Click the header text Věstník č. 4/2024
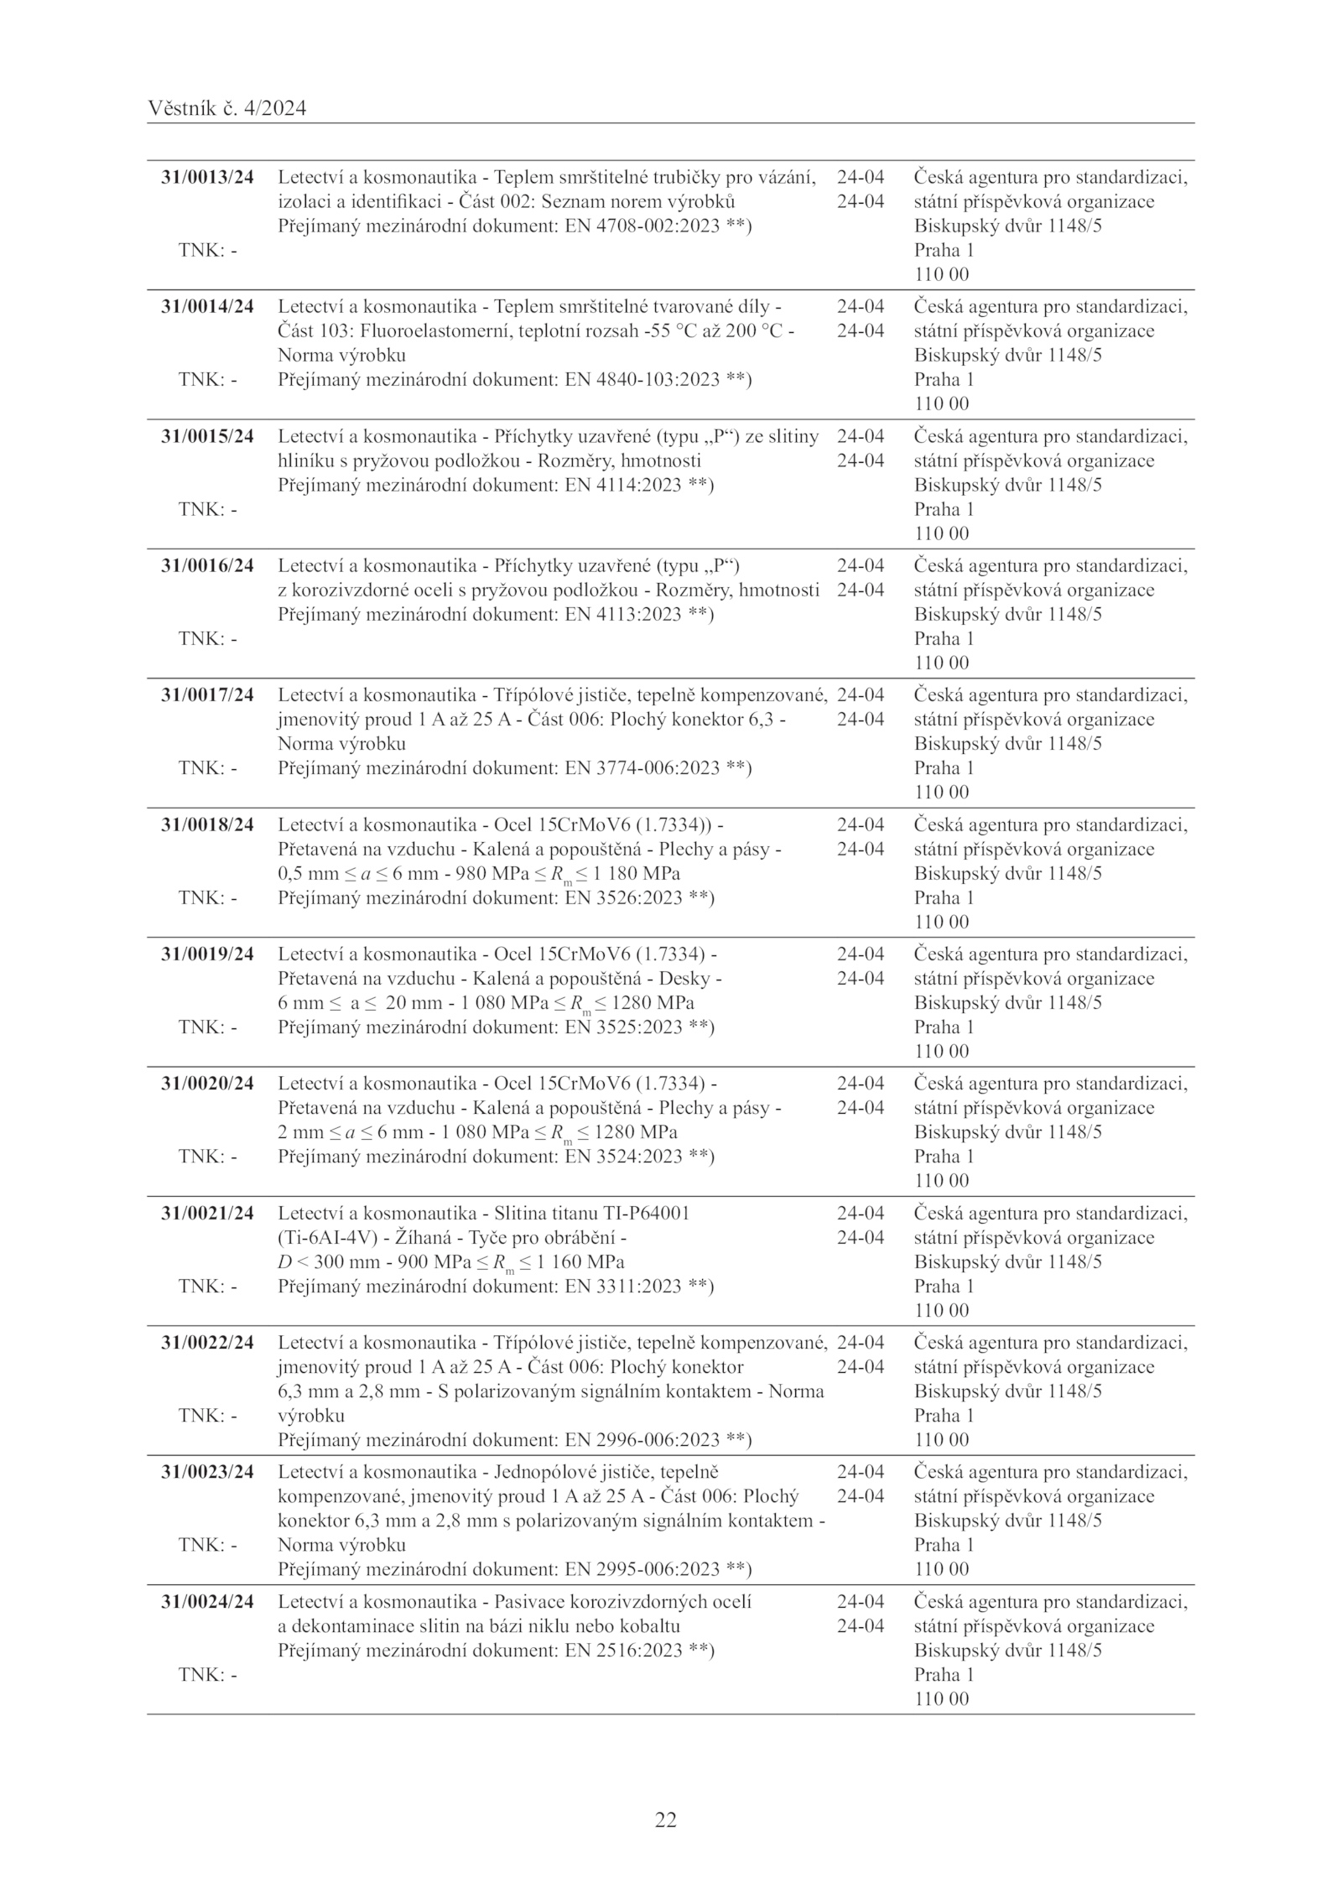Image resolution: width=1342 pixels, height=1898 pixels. tap(226, 108)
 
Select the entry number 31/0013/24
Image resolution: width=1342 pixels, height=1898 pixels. tap(207, 177)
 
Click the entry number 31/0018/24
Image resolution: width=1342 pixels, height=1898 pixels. tap(207, 824)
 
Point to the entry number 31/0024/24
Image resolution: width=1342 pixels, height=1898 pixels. tap(207, 1601)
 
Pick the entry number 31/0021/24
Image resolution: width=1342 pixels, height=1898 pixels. tap(207, 1213)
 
